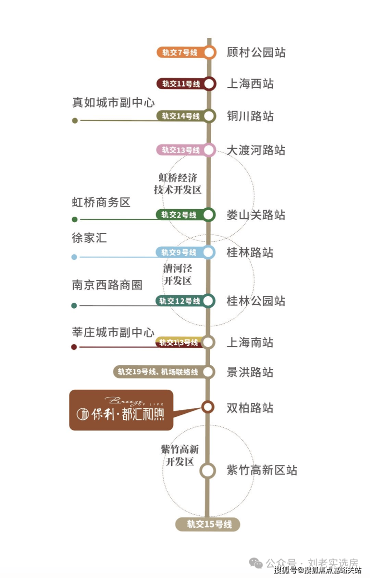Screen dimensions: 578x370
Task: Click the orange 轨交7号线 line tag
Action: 180,52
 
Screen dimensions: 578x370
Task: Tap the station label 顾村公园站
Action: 256,52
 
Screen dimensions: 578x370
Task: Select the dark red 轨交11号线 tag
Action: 180,84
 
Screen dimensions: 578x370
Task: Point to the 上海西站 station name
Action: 250,84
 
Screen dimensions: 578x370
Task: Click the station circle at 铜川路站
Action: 209,116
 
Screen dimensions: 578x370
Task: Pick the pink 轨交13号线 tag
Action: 180,150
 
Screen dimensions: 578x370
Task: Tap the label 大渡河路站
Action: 256,150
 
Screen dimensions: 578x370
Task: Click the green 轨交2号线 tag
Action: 179,215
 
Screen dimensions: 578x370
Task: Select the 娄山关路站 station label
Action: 256,215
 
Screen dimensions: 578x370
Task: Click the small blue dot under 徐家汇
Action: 74,257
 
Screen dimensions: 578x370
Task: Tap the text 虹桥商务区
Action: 101,202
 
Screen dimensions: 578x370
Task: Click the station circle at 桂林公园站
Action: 208,301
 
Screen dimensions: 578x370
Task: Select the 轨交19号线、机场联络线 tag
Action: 158,372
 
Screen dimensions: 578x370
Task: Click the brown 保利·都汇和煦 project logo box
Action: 121,410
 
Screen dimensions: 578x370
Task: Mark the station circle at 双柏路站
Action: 208,407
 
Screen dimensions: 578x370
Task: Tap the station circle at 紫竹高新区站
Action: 207,470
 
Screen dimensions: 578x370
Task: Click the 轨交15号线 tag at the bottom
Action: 208,524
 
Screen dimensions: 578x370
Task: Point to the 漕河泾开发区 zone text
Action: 177,274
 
